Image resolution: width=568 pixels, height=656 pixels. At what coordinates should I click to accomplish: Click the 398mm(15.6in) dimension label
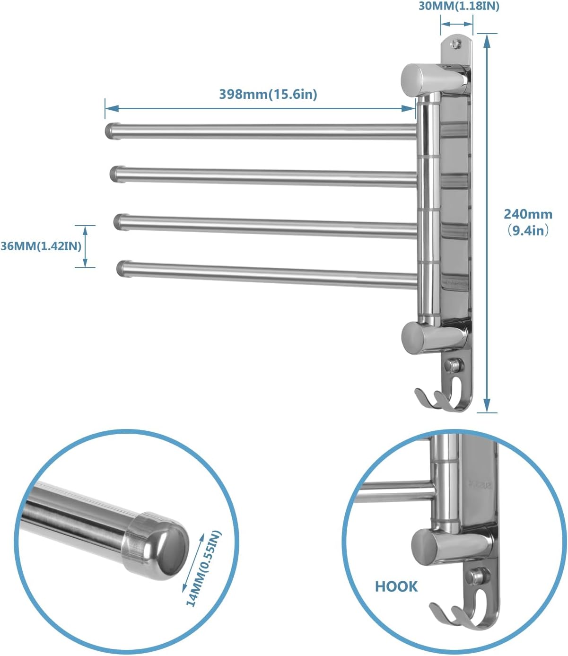[x=268, y=94]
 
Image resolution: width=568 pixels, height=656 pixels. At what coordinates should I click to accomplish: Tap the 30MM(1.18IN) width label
[x=459, y=6]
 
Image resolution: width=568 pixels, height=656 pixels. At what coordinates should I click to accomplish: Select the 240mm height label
[x=528, y=214]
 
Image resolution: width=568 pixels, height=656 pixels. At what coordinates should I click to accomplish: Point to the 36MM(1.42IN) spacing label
[x=41, y=246]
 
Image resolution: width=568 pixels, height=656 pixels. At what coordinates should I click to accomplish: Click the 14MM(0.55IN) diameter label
[x=203, y=569]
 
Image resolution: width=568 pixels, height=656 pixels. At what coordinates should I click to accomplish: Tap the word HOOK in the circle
[x=396, y=586]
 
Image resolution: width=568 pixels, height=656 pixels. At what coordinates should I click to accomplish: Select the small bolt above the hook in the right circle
[x=475, y=576]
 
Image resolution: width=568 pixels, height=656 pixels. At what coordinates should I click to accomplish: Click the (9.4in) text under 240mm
[x=528, y=231]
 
